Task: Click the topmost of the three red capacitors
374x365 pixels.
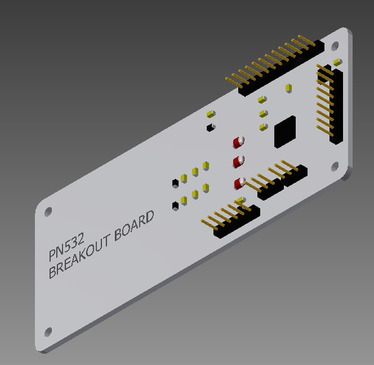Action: coord(239,142)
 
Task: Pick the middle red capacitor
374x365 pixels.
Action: coord(239,162)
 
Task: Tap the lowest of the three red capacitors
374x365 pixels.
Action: coord(240,182)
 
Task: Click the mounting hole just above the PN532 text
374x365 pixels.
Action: coord(48,212)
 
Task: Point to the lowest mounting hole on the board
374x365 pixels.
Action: coord(48,331)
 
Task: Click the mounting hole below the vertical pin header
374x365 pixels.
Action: coord(335,166)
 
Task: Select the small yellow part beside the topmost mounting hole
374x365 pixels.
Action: coord(337,61)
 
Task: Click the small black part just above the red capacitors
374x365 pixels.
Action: coord(210,127)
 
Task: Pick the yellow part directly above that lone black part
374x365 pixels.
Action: coord(210,113)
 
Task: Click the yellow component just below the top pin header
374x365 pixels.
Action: coord(288,88)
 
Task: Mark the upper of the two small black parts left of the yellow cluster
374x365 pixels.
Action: coord(175,182)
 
